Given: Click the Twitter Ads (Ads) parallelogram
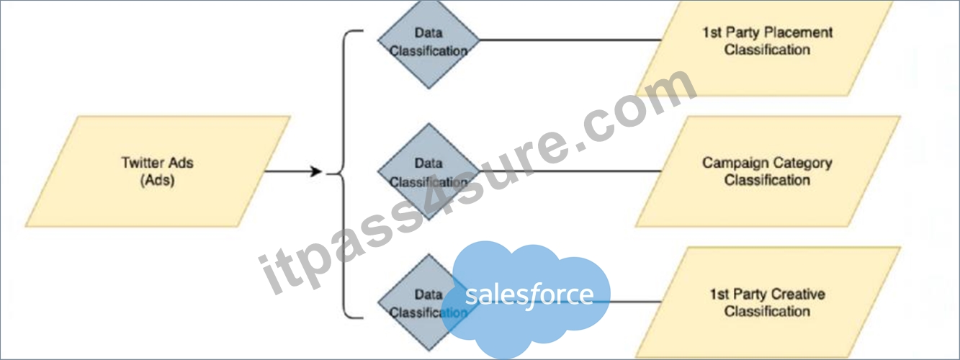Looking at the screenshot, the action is (x=158, y=171).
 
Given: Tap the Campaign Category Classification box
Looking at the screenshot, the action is (x=768, y=171).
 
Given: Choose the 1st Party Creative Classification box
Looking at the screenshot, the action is (x=768, y=302).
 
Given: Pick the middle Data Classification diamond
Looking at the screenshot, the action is (x=429, y=171).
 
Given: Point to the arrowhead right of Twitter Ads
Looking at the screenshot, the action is (x=316, y=171).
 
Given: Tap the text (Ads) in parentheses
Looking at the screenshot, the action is (x=157, y=180).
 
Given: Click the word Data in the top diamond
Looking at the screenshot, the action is (x=429, y=32).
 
